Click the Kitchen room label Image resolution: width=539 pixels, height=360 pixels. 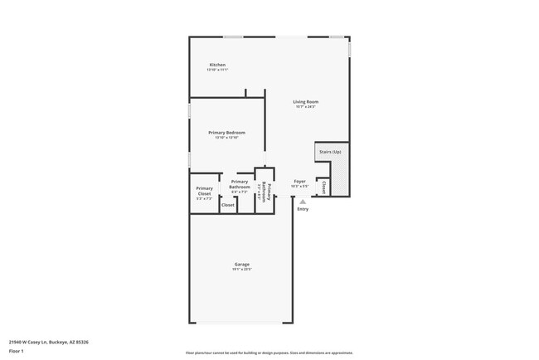click(x=217, y=65)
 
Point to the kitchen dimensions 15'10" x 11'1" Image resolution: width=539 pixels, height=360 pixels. click(x=217, y=70)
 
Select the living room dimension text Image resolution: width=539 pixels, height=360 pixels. click(x=305, y=107)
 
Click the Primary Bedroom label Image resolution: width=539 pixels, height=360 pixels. click(x=226, y=133)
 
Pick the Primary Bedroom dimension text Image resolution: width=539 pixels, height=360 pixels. click(x=226, y=138)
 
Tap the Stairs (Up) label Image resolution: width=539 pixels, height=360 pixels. click(x=330, y=152)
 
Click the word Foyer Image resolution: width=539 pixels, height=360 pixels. click(x=300, y=181)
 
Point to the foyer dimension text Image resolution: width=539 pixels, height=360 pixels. click(x=300, y=186)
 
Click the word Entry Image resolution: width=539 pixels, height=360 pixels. click(x=303, y=208)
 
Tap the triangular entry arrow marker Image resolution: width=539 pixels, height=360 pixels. click(x=303, y=201)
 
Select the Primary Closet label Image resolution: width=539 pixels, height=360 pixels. click(x=204, y=192)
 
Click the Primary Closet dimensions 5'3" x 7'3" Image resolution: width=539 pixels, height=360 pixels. click(x=204, y=199)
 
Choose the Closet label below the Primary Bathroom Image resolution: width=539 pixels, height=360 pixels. click(x=228, y=204)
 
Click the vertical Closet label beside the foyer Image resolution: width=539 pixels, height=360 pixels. click(x=323, y=188)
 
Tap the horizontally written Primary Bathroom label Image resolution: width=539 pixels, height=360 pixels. click(x=240, y=184)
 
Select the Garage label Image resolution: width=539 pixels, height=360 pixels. click(x=241, y=265)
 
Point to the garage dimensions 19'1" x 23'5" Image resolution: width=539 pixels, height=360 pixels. click(x=241, y=270)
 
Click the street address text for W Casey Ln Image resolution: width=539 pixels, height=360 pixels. click(x=49, y=341)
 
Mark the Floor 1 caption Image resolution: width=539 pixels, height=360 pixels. click(x=16, y=352)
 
